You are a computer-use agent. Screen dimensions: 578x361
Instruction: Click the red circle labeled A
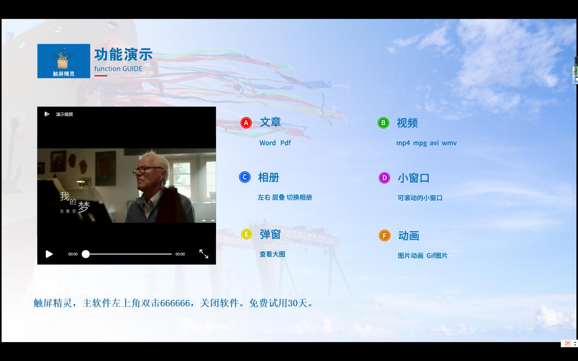pyautogui.click(x=246, y=123)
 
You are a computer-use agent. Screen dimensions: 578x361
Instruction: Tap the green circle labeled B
pyautogui.click(x=383, y=123)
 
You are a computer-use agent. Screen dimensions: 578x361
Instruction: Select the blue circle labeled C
pyautogui.click(x=245, y=177)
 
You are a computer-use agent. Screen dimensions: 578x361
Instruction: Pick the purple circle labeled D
pyautogui.click(x=384, y=178)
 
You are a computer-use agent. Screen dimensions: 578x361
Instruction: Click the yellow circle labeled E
pyautogui.click(x=246, y=234)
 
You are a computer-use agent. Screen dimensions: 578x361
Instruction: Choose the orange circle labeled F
pyautogui.click(x=385, y=236)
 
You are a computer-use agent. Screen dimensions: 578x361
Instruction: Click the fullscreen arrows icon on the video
pyautogui.click(x=204, y=254)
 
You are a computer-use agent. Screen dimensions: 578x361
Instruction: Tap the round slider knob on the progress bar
pyautogui.click(x=86, y=254)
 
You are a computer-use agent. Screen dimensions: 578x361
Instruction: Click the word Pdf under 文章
pyautogui.click(x=286, y=143)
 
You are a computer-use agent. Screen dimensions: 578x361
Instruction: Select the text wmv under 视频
pyautogui.click(x=449, y=143)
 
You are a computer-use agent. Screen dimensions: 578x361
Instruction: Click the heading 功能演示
pyautogui.click(x=123, y=54)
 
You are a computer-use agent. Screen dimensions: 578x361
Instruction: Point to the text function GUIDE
pyautogui.click(x=118, y=69)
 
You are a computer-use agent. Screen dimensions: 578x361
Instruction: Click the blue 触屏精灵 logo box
pyautogui.click(x=64, y=61)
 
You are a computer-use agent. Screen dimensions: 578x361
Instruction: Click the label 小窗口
pyautogui.click(x=414, y=178)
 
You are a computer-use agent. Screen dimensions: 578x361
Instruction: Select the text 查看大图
pyautogui.click(x=272, y=254)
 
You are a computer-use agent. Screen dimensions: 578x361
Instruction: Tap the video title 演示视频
pyautogui.click(x=65, y=114)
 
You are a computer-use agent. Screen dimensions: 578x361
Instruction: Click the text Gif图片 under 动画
pyautogui.click(x=437, y=255)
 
